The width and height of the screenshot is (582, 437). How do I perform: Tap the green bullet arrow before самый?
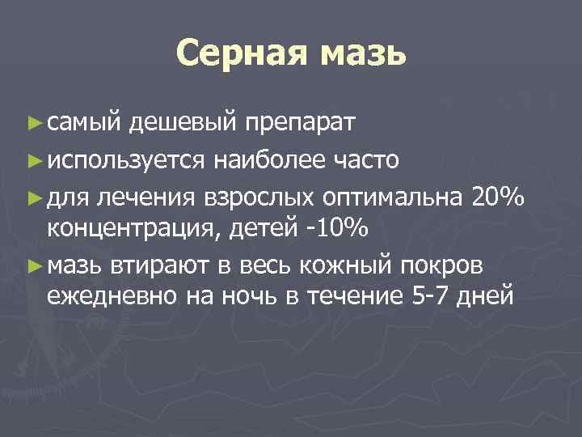tap(32, 123)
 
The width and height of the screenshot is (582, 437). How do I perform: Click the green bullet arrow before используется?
tap(32, 159)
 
